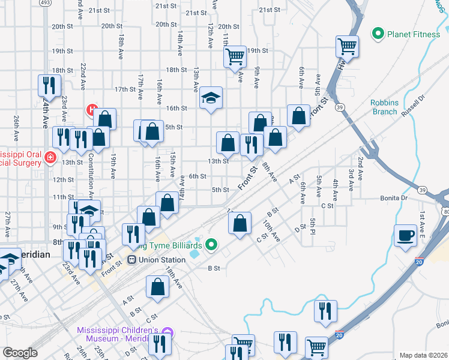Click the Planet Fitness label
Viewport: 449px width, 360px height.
(x=414, y=34)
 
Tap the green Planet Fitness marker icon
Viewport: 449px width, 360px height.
(x=378, y=34)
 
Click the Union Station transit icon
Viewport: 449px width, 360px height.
(x=132, y=260)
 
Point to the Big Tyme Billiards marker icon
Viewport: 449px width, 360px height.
(x=211, y=245)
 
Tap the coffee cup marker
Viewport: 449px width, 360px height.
(x=406, y=235)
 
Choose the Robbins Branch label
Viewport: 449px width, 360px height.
(x=384, y=107)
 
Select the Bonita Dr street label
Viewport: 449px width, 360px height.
(x=394, y=197)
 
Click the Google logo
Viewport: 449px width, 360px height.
(x=20, y=353)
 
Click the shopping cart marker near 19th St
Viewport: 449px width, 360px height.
(x=235, y=56)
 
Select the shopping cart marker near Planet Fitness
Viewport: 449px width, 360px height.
(x=348, y=46)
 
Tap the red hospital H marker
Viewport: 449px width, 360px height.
(x=92, y=110)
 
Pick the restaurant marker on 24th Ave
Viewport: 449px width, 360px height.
(x=49, y=85)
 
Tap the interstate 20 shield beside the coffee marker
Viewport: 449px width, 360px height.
(x=419, y=262)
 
